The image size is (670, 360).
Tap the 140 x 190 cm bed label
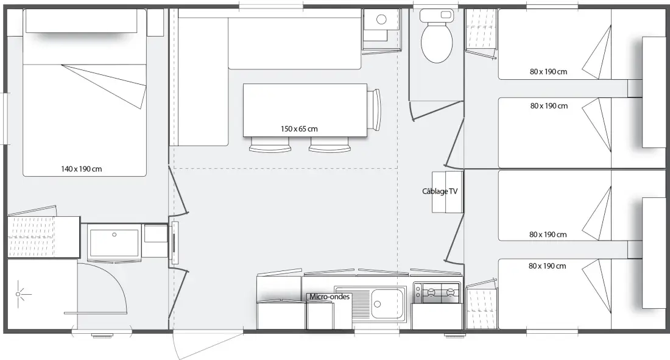[x=81, y=169]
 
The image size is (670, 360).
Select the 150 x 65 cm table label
[x=299, y=129]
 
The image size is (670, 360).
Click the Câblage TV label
[x=440, y=191]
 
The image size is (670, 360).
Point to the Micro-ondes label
[x=330, y=296]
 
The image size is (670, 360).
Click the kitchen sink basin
[x=389, y=304]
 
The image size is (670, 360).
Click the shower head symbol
[x=18, y=294]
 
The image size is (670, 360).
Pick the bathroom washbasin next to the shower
[x=114, y=243]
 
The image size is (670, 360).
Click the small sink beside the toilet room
[x=381, y=19]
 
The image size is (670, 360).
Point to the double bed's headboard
[x=81, y=21]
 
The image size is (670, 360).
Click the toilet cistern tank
[x=437, y=15]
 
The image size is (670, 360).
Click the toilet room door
[x=437, y=109]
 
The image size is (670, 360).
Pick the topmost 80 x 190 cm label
[x=548, y=72]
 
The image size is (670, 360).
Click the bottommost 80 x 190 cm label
[x=548, y=266]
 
